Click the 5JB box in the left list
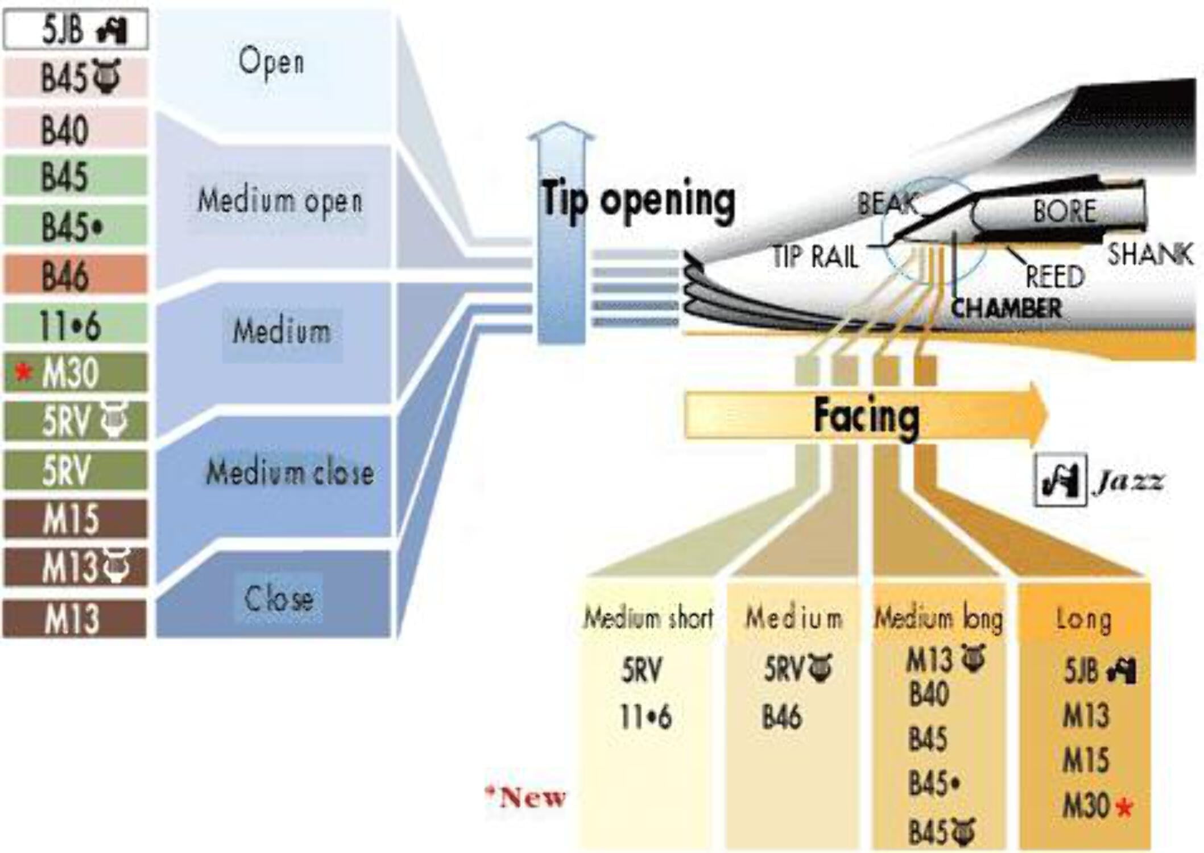[75, 29]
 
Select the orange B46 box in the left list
[75, 275]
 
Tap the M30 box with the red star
[75, 373]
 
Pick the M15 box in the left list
[75, 519]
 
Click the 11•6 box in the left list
[75, 325]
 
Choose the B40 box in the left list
[75, 129]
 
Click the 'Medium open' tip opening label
[280, 201]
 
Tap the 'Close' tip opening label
[279, 598]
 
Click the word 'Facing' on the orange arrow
[866, 416]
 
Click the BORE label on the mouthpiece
[1064, 211]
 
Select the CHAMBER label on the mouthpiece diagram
[1006, 309]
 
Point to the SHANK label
[1150, 254]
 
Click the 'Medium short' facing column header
[648, 618]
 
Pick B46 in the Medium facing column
[782, 717]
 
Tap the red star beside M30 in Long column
[1124, 807]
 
